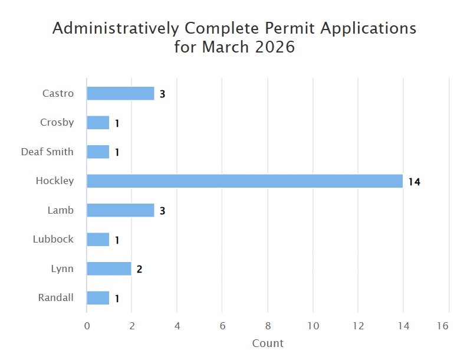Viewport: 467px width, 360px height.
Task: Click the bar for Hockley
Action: click(245, 181)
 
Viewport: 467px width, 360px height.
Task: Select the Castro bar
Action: click(120, 93)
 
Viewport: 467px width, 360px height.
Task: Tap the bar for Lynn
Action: click(109, 269)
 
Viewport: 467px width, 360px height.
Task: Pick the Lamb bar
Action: click(120, 210)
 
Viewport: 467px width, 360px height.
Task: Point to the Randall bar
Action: click(98, 298)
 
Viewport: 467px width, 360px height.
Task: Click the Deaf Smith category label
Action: click(47, 152)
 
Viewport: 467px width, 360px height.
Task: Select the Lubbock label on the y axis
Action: click(54, 239)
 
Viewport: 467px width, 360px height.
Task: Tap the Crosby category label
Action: click(57, 122)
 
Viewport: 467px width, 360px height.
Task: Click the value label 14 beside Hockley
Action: click(414, 182)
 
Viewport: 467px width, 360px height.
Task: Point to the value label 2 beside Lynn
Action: click(140, 269)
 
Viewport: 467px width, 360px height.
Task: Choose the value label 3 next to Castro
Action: click(162, 94)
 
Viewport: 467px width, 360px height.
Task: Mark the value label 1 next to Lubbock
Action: click(117, 240)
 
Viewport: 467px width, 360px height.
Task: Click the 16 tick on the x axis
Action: click(443, 325)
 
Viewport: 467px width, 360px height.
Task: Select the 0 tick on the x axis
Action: click(87, 325)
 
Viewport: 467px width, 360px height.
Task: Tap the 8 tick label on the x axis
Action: click(268, 325)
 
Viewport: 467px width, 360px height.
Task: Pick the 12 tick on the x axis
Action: click(358, 325)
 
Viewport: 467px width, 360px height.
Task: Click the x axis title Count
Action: click(268, 343)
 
